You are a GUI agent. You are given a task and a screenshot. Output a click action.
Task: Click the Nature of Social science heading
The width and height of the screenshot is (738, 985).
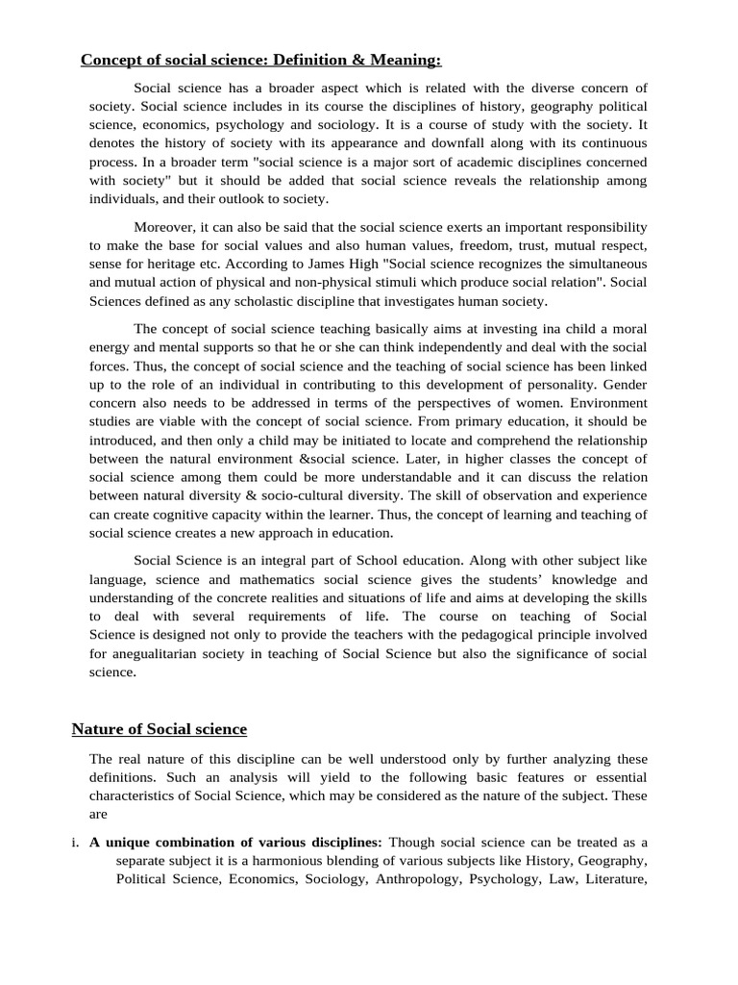[160, 729]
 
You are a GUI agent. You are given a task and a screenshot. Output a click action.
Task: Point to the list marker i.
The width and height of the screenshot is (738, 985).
[75, 843]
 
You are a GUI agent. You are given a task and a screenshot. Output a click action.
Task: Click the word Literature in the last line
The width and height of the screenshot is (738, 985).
[612, 879]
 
